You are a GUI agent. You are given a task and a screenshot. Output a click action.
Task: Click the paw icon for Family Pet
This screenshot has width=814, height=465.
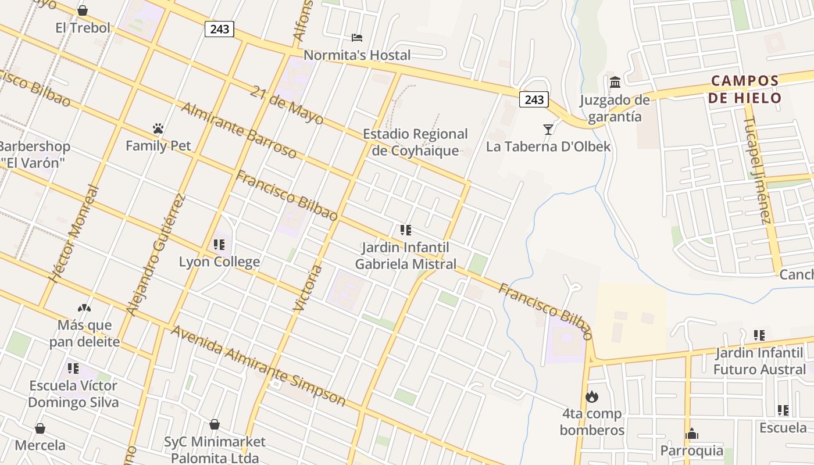coord(158,128)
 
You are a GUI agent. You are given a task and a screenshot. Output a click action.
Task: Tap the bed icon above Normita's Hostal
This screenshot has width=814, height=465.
coord(357,38)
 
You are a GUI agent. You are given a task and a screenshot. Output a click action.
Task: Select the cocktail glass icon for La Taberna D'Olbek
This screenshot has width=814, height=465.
coord(548,129)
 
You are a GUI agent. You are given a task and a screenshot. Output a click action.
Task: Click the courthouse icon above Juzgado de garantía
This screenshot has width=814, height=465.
coord(615,83)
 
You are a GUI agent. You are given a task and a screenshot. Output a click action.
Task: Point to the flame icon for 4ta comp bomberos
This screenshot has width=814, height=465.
coord(592,397)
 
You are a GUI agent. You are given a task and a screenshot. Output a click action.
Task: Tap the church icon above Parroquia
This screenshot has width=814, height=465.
coord(692,434)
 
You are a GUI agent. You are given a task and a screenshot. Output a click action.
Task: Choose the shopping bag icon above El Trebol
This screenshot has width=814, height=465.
coord(83,10)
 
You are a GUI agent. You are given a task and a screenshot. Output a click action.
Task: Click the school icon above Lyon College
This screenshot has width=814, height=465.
coord(219,245)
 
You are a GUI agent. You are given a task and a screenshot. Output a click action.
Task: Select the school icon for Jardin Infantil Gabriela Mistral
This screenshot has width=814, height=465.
coord(406,230)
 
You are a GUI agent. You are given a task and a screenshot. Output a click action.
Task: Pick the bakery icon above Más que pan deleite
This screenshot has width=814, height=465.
coord(84,307)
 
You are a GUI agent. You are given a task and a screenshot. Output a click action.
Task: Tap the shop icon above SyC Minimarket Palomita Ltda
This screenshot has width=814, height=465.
coord(215,424)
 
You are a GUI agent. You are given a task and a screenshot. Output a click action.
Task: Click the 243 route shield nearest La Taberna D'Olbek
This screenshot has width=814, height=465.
coord(534,99)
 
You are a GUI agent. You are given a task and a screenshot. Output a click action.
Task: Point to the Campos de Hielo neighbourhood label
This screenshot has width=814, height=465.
coord(745,89)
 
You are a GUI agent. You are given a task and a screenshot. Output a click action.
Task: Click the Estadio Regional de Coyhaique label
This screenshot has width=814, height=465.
coord(415,142)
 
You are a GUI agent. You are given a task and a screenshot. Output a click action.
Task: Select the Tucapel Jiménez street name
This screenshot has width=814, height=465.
coord(758,170)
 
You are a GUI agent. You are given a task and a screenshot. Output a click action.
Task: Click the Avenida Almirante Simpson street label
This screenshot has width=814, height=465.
coord(259,366)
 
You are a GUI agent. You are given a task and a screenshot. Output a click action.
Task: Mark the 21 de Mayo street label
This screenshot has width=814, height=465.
coord(287,105)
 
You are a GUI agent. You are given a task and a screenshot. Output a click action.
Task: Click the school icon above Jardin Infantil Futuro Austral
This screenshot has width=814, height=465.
coord(759,335)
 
